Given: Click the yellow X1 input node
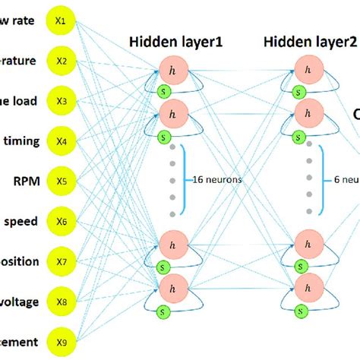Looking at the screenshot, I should tap(62, 21).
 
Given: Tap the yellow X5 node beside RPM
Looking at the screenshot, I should tap(62, 182).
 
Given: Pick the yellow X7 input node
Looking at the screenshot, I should tap(62, 262).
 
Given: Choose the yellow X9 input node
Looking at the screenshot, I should tap(62, 343).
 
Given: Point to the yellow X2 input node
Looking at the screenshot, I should tap(62, 61).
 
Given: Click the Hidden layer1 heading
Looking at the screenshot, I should tap(176, 42).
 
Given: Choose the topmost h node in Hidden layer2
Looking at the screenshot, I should tap(307, 71).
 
